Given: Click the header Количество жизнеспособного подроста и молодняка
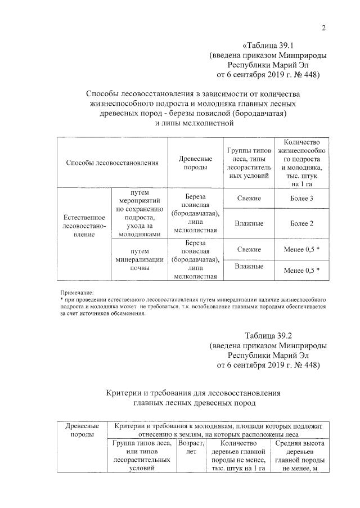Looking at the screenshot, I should click(301, 163).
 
